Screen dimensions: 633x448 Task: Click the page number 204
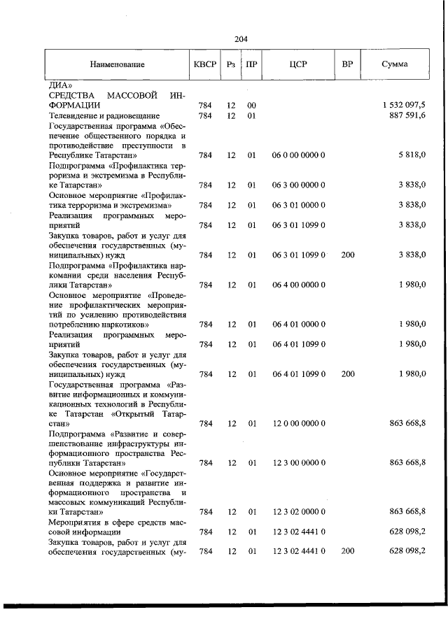241,39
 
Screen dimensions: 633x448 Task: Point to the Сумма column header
395,64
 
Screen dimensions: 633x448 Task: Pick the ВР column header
347,64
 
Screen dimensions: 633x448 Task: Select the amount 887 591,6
408,115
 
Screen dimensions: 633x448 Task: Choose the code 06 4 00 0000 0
298,285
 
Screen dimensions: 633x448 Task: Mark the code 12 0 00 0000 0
298,423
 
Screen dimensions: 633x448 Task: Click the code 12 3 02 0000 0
298,513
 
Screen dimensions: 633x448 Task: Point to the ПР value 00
251,105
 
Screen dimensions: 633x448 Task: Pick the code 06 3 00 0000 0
298,185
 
